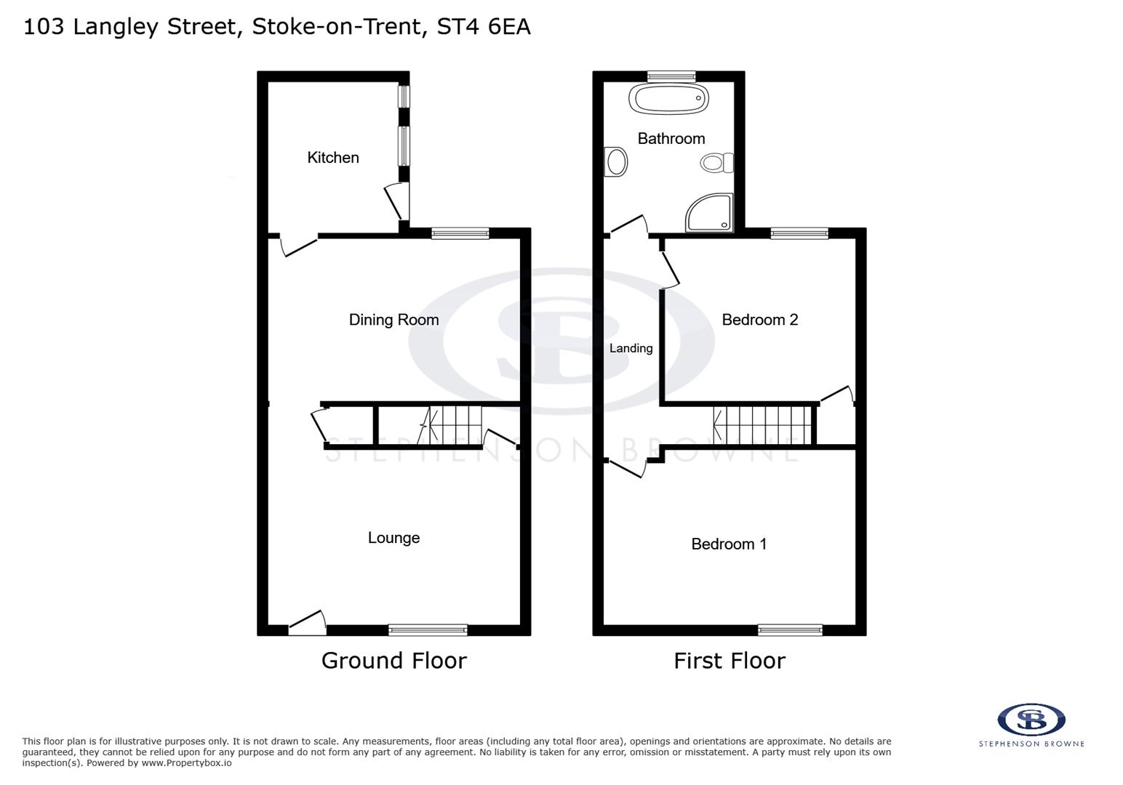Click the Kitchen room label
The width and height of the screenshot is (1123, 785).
[x=332, y=158]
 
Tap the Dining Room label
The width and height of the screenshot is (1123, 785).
[x=393, y=320]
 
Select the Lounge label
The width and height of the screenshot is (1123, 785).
[x=393, y=538]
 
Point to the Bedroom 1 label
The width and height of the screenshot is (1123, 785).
[x=728, y=544]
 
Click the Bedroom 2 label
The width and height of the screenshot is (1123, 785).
[x=759, y=320]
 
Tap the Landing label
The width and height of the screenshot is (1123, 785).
[x=631, y=349]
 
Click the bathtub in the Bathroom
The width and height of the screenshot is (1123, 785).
[x=668, y=98]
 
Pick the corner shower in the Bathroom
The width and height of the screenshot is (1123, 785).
[x=710, y=212]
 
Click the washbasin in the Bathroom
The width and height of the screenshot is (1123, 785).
[x=616, y=162]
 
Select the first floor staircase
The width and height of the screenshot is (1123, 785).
[x=762, y=425]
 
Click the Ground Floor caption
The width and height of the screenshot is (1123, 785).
[x=393, y=661]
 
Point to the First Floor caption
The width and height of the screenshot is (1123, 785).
[x=729, y=661]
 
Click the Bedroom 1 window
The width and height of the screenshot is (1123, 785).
[x=790, y=629]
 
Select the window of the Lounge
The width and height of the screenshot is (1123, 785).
[x=428, y=629]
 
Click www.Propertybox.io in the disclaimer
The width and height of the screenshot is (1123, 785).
[x=186, y=763]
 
